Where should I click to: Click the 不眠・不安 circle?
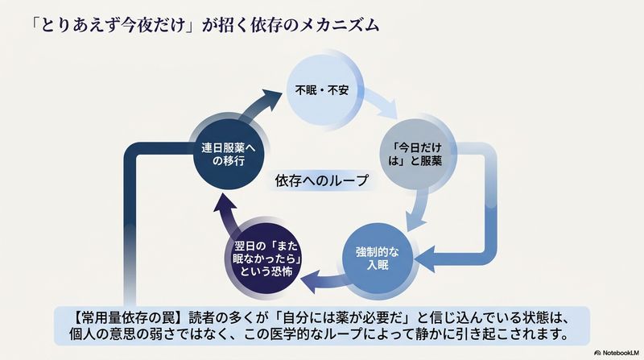tap(323, 90)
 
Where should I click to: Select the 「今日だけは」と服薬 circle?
tap(415, 154)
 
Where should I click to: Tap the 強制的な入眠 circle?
tap(378, 258)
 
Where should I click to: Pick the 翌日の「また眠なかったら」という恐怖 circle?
tap(266, 258)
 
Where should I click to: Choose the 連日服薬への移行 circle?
tap(229, 154)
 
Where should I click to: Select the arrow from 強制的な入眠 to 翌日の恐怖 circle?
tap(325, 280)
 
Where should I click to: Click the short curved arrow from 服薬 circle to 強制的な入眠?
tap(418, 209)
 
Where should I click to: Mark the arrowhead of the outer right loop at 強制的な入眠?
tap(424, 259)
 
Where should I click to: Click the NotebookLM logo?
tap(617, 353)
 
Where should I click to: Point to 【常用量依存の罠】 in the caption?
tap(126, 318)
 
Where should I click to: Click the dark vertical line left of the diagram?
tap(130, 226)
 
